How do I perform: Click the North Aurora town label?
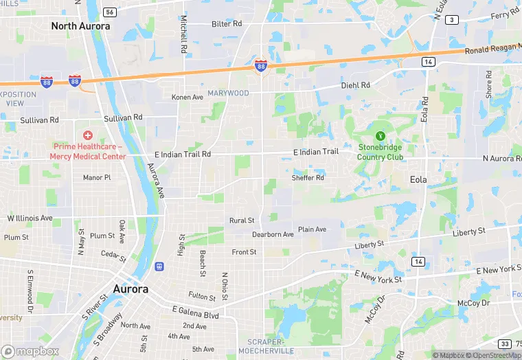[x=80, y=26]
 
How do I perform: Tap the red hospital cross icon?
[x=87, y=135]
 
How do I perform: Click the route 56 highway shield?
[x=110, y=12]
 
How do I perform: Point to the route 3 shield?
[x=451, y=20]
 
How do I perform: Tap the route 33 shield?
[x=505, y=344]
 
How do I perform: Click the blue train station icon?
[x=159, y=266]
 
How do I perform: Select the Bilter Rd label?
[x=227, y=23]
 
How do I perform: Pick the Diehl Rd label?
[x=356, y=85]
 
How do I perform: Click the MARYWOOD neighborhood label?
[x=229, y=93]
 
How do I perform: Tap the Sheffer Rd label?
[x=308, y=178]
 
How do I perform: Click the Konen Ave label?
[x=188, y=97]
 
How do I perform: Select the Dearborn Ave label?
[x=273, y=234]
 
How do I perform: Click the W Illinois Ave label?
[x=30, y=218]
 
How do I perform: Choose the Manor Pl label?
[x=97, y=177]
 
